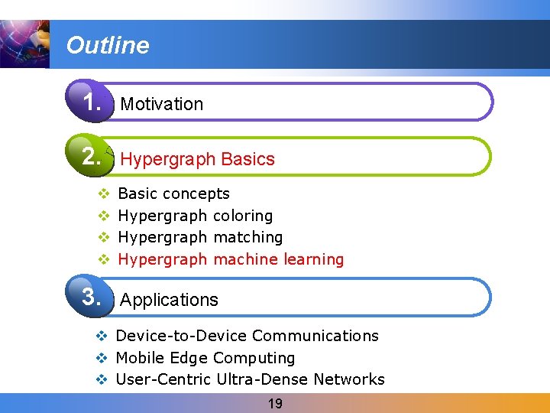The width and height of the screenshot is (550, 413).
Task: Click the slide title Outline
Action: pos(108,46)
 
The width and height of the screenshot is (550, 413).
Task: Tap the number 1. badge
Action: pos(92,102)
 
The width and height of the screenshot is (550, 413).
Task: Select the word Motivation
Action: pos(162,104)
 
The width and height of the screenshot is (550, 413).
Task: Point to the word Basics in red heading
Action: pos(247,159)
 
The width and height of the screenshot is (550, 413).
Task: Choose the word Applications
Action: pos(170,300)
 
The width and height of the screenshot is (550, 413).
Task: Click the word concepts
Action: pos(196,194)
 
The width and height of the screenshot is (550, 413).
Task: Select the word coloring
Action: pos(243,216)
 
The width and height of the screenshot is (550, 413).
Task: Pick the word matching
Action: pos(248,238)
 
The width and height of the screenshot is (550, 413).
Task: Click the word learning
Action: pos(313,259)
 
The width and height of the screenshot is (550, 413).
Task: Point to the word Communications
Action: pos(315,336)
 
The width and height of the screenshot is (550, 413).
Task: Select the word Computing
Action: pos(254,358)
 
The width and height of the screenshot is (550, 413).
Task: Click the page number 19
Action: pos(275,404)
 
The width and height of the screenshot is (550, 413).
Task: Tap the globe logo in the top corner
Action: pos(24,44)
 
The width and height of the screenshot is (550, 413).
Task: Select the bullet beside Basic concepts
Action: pos(104,194)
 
